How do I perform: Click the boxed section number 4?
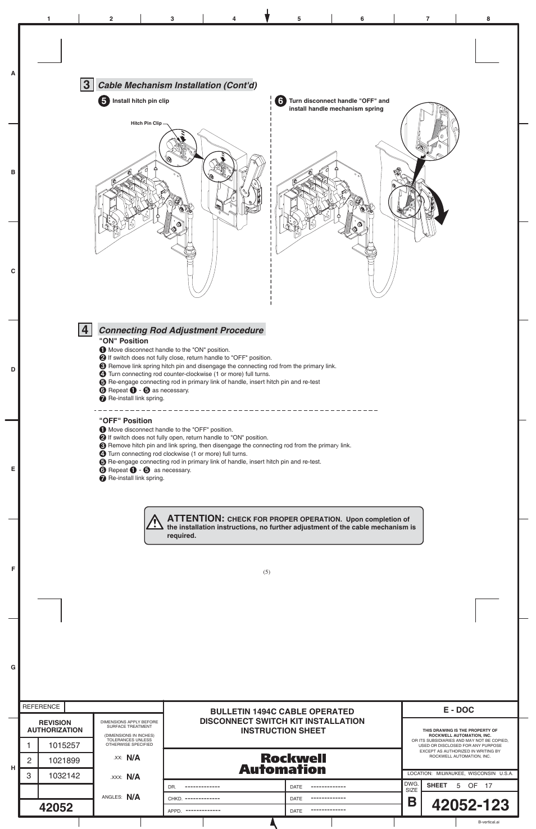click(x=85, y=330)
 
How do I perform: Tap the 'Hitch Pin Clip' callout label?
click(x=146, y=123)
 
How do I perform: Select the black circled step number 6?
click(x=281, y=101)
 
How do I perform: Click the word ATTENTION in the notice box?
click(x=196, y=518)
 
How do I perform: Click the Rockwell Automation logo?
click(x=283, y=764)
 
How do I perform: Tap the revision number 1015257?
click(x=64, y=745)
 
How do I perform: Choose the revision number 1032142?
click(x=64, y=776)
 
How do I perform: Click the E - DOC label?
click(x=458, y=710)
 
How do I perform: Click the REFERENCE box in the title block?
click(x=41, y=706)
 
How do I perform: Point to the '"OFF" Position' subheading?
click(x=126, y=420)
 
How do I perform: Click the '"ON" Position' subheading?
click(x=124, y=341)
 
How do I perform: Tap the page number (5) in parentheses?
click(x=266, y=572)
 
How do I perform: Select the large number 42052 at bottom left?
click(x=56, y=808)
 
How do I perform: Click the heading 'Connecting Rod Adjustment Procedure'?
click(x=181, y=330)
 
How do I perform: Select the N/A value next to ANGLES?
click(x=133, y=797)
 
